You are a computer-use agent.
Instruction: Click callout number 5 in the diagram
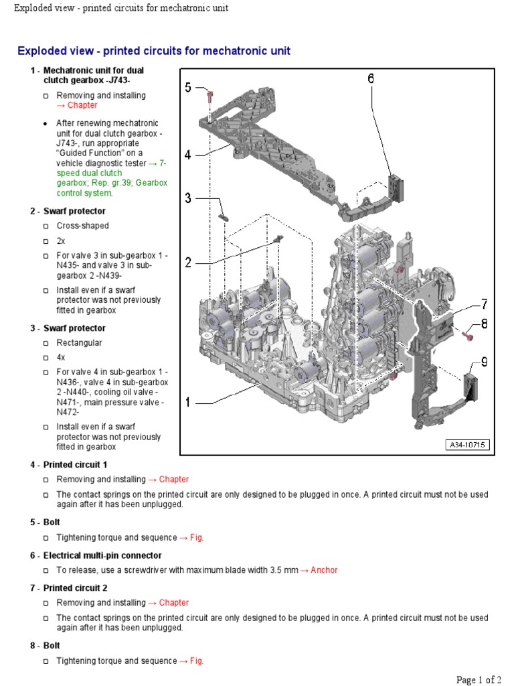[188, 87]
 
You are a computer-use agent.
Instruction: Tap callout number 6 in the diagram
[370, 79]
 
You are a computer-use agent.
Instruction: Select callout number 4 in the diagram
[188, 155]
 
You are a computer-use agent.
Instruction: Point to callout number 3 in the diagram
[188, 198]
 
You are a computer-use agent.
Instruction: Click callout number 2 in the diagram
[188, 263]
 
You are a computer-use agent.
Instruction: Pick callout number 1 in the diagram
[188, 403]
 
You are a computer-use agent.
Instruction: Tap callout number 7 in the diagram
[483, 305]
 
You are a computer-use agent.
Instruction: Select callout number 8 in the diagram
[483, 324]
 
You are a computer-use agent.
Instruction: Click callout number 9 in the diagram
[483, 362]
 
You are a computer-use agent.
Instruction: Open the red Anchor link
[324, 570]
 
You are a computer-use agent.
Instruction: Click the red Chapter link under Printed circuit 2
[173, 602]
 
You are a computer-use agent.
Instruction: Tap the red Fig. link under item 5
[196, 537]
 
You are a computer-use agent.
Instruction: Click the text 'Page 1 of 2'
[479, 679]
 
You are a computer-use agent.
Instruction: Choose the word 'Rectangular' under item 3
[79, 342]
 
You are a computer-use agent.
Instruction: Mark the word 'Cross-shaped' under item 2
[82, 226]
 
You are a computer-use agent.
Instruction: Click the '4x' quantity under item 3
[61, 357]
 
